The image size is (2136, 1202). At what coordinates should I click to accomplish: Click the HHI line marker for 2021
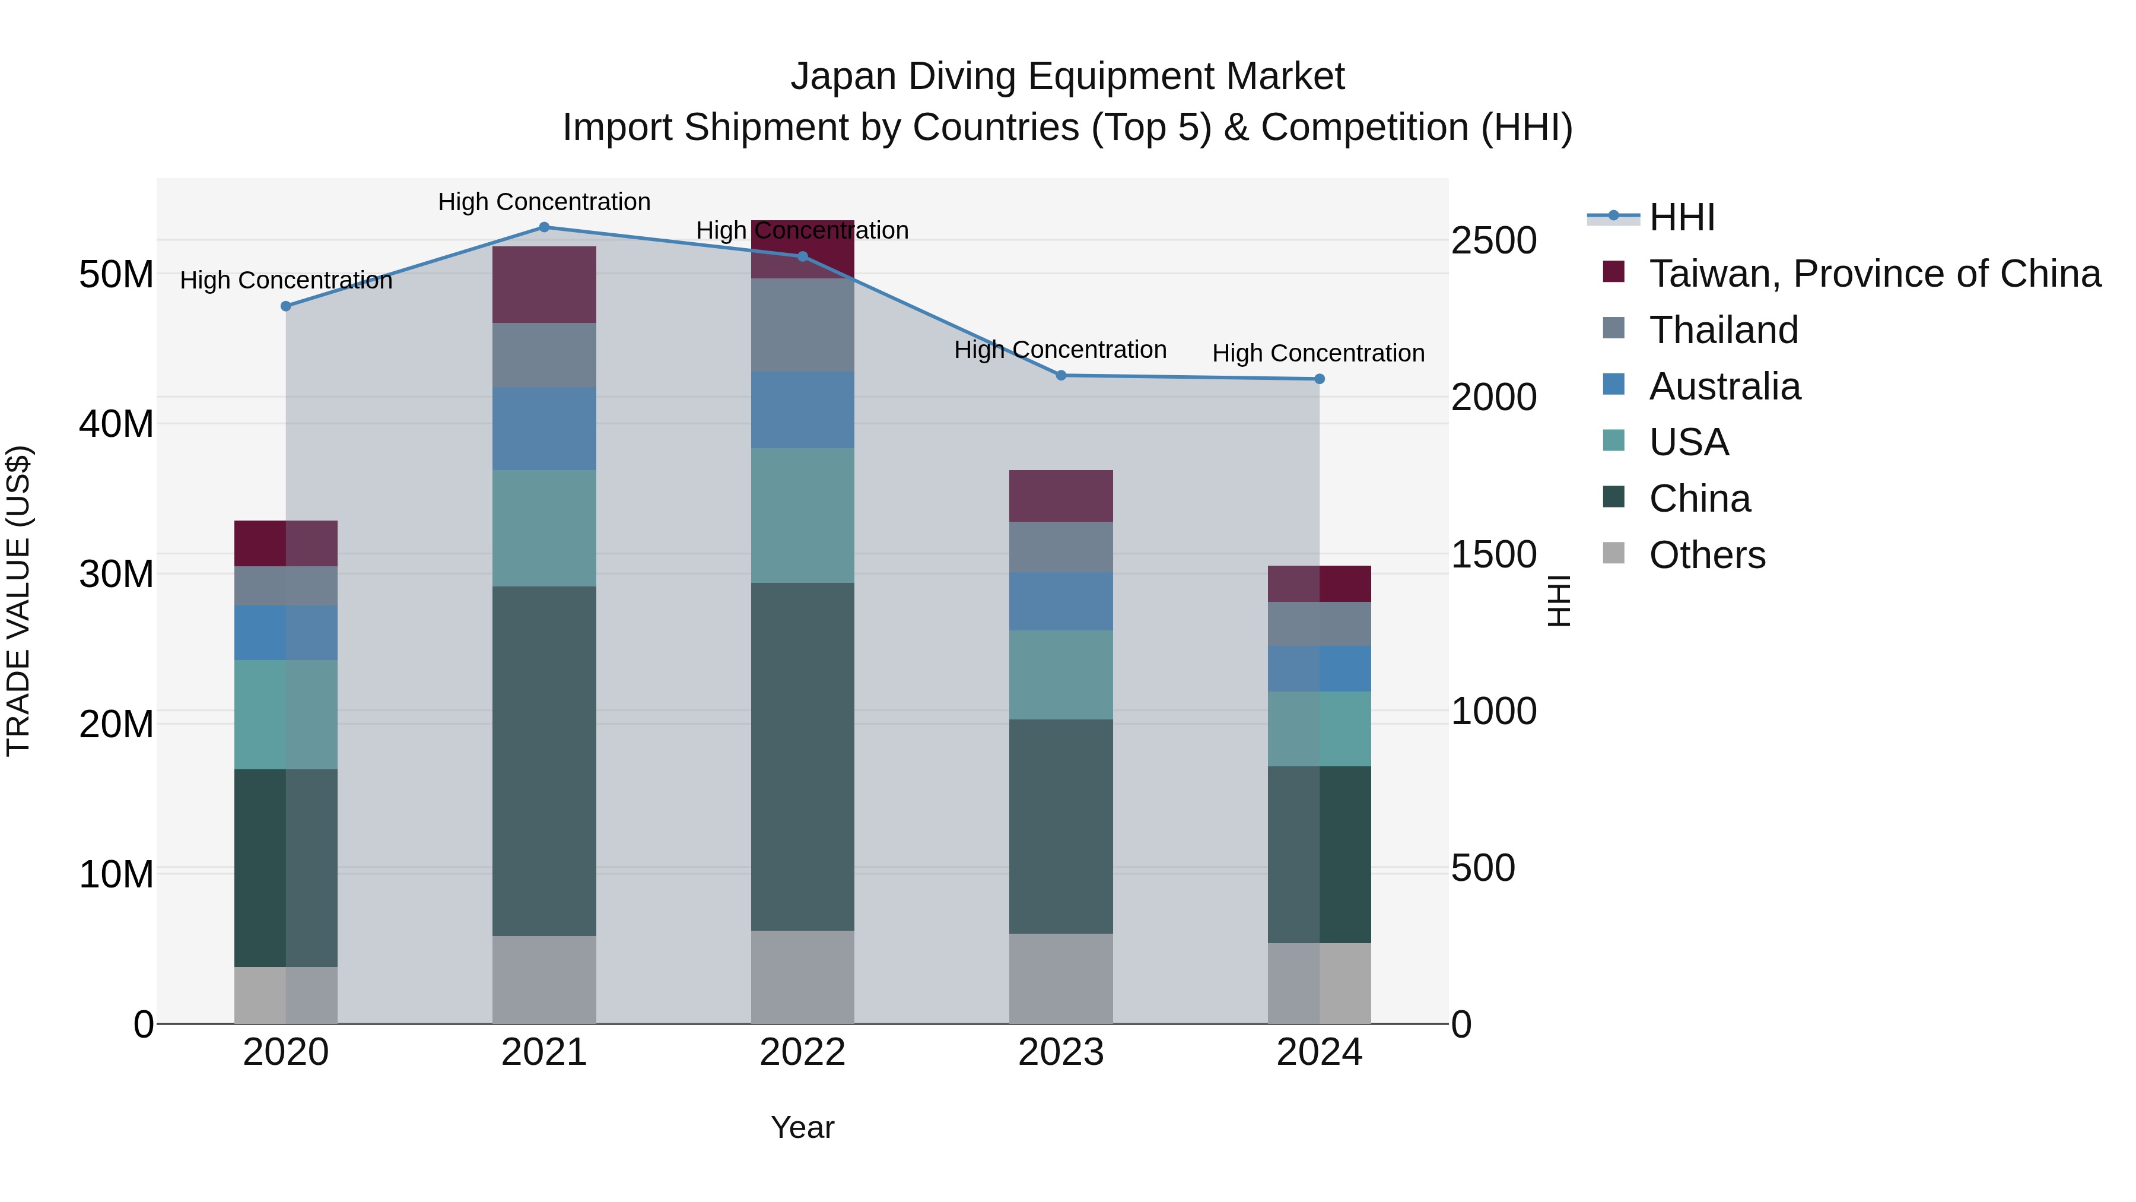coord(544,227)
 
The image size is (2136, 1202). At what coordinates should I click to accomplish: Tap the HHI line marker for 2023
coord(1060,376)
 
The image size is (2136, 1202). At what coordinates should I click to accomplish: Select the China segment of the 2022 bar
coord(802,757)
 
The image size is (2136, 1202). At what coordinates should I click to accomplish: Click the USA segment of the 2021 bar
coord(544,528)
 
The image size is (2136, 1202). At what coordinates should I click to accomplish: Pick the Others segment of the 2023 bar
coord(1060,978)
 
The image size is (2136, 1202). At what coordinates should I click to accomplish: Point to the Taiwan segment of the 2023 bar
coord(1060,496)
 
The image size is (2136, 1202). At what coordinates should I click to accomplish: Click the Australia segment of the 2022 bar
coord(802,410)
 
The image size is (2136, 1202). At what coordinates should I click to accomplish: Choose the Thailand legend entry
coord(1723,330)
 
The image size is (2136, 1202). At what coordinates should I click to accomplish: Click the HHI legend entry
coord(1682,217)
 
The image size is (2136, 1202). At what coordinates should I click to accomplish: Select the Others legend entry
coord(1706,555)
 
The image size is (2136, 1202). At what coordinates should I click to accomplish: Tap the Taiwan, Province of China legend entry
coord(1874,274)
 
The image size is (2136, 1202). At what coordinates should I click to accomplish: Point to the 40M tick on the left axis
coord(116,424)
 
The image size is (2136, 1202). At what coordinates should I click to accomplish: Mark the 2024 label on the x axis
coord(1318,1052)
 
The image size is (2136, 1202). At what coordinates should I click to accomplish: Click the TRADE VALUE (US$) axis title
coord(18,601)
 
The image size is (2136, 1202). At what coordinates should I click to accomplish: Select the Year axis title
coord(802,1127)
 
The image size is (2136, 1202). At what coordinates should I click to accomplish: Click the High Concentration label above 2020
coord(286,280)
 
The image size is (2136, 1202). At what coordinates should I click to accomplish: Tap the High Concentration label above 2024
coord(1318,353)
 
